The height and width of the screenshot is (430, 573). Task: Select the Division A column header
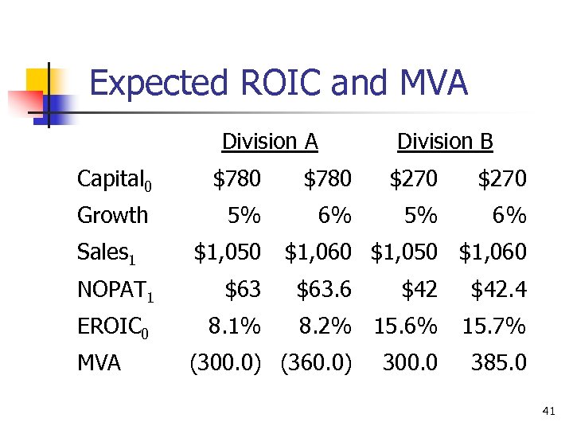coord(270,142)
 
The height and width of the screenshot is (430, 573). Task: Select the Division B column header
coord(445,142)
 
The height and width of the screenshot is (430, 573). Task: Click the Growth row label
coord(112,215)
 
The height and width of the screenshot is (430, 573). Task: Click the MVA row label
coord(99,363)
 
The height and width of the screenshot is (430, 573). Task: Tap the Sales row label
coord(107,253)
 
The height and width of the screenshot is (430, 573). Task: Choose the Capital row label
coord(114,180)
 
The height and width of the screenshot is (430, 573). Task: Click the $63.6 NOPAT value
coord(323,290)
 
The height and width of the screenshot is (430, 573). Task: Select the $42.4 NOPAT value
coord(498,290)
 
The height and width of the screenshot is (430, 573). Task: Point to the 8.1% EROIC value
coord(234,326)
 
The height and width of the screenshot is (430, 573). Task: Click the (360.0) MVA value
coord(316,363)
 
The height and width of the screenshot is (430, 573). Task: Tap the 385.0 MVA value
coord(498,363)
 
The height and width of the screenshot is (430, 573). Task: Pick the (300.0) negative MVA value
coord(224,363)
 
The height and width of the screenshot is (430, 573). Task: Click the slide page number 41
coord(548,411)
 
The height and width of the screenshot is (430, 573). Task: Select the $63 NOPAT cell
coord(243,290)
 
